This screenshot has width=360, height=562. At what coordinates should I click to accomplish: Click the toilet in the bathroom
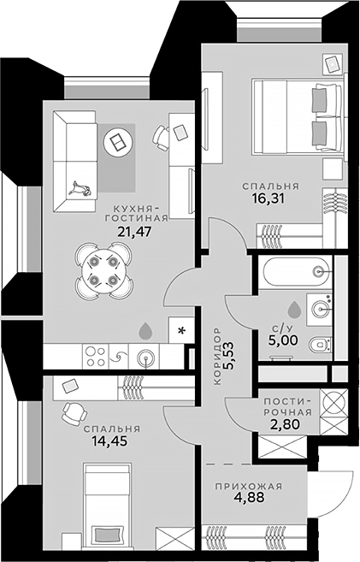tap(321, 345)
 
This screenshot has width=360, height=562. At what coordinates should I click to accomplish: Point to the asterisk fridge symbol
tap(181, 329)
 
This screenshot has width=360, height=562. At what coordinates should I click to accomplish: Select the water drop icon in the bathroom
tap(293, 307)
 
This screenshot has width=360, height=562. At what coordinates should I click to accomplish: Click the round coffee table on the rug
tap(118, 140)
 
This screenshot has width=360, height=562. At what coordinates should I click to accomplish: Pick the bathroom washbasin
tap(322, 307)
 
